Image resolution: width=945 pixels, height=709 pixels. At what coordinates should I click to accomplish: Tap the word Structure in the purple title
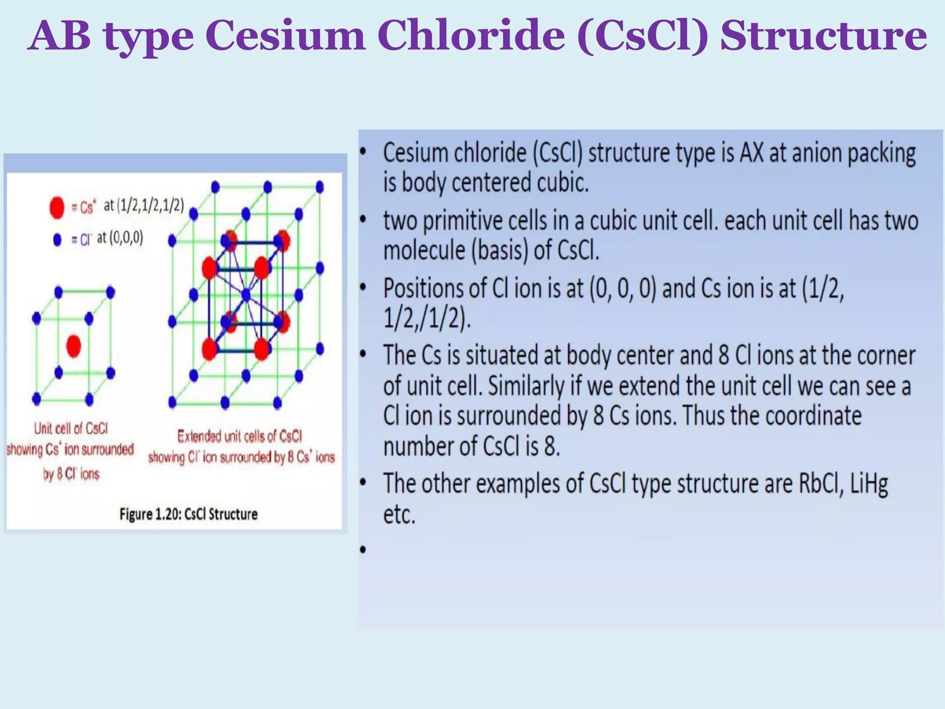click(x=824, y=36)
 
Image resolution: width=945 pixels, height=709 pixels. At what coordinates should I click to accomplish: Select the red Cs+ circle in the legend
click(x=57, y=207)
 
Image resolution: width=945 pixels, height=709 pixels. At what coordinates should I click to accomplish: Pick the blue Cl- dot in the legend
click(x=57, y=240)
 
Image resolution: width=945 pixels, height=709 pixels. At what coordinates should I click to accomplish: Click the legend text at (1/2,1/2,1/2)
click(x=144, y=205)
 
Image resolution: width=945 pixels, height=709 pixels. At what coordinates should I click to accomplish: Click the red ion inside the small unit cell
click(x=74, y=346)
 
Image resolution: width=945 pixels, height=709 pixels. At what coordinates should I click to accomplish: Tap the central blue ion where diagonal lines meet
click(x=246, y=294)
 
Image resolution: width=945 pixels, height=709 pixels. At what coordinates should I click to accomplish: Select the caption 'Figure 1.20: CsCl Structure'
click(x=188, y=514)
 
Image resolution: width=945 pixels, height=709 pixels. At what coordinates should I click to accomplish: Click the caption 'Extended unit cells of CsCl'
click(x=240, y=436)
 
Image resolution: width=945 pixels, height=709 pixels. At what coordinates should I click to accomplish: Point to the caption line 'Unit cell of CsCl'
click(x=71, y=428)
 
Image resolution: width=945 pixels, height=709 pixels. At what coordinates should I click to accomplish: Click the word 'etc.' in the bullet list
click(x=400, y=514)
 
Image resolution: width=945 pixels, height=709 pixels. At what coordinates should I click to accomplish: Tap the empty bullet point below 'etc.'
click(x=363, y=549)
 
